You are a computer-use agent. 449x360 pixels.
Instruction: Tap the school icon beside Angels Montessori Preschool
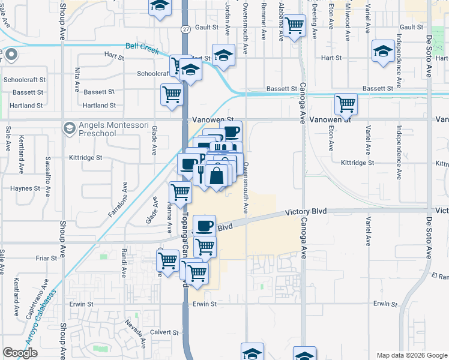70,128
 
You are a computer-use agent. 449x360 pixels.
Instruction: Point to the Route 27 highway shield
185,29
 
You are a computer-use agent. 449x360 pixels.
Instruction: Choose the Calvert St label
164,332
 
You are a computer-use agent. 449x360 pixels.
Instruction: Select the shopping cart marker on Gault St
294,26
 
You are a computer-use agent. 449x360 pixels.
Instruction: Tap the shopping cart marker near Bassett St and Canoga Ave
346,104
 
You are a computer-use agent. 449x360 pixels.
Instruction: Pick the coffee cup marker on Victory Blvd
204,226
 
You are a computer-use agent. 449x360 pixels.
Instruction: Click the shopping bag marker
217,176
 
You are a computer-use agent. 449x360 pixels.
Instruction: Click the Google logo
20,353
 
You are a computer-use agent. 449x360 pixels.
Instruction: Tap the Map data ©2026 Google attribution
412,355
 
